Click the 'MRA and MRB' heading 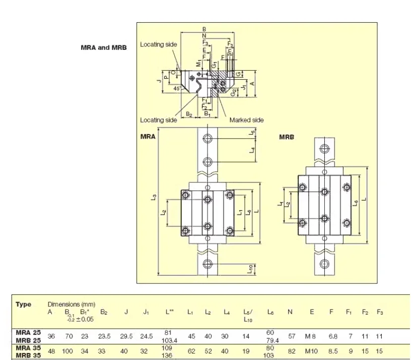pyautogui.click(x=104, y=48)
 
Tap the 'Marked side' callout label pyautogui.click(x=246, y=120)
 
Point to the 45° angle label pyautogui.click(x=177, y=88)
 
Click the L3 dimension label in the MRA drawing pyautogui.click(x=154, y=199)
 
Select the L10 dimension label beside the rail pyautogui.click(x=250, y=269)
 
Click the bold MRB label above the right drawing pyautogui.click(x=287, y=137)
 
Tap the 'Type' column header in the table pyautogui.click(x=23, y=304)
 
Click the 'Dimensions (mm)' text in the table pyautogui.click(x=70, y=304)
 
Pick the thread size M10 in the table pyautogui.click(x=312, y=350)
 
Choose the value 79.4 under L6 pyautogui.click(x=270, y=340)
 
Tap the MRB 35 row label pyautogui.click(x=28, y=354)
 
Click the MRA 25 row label pyautogui.click(x=28, y=333)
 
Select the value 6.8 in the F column pyautogui.click(x=331, y=336)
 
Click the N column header pyautogui.click(x=290, y=312)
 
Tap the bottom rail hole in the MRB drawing pyautogui.click(x=323, y=263)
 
